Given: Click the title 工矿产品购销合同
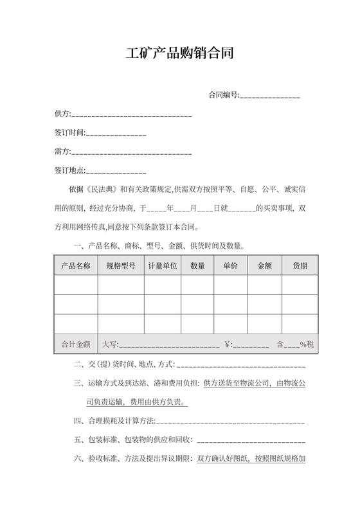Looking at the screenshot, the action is (x=179, y=53).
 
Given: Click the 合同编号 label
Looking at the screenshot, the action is (x=223, y=95).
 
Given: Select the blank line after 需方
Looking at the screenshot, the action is (x=131, y=152).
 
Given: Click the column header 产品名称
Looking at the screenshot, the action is (x=75, y=266).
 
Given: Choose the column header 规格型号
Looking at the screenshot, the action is (x=120, y=266).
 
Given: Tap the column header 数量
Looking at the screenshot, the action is (x=197, y=266).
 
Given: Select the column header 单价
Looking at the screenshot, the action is (x=230, y=266).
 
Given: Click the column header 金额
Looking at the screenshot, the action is (x=264, y=266).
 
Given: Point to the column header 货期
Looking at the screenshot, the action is (x=300, y=266).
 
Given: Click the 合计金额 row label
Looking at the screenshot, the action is (x=75, y=344).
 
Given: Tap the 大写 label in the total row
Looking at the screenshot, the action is (x=110, y=344).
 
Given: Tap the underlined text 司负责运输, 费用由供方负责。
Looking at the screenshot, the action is (x=137, y=402).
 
